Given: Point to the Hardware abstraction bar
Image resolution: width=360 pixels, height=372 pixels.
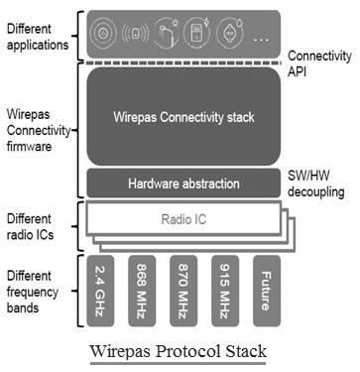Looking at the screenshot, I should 183,183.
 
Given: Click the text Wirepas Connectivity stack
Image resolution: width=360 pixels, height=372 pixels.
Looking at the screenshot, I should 183,118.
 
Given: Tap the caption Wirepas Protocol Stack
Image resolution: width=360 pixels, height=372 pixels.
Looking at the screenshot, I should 180,353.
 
